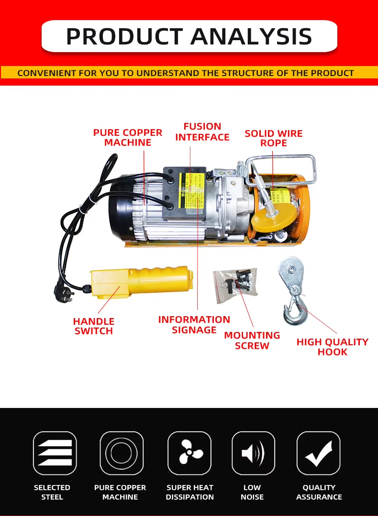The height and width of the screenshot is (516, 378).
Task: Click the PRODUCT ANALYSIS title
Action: [189, 36]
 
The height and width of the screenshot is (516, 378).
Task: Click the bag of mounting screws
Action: [235, 285]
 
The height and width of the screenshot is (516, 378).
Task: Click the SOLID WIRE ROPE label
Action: [274, 138]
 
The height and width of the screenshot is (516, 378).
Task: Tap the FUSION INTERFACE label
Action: [202, 132]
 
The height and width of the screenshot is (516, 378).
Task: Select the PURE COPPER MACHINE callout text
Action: [128, 137]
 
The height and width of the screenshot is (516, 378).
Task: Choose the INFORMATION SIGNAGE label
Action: [194, 324]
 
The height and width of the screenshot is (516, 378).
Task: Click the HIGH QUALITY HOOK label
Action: [333, 347]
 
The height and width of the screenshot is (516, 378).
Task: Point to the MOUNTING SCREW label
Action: [252, 340]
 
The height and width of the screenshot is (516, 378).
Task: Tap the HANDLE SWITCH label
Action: [94, 326]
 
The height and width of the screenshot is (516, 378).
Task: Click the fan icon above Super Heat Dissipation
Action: [189, 453]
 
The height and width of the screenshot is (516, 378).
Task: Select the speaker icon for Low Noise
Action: [253, 453]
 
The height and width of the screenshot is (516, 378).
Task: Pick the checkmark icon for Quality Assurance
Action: [319, 453]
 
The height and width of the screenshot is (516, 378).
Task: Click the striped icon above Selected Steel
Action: [55, 453]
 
